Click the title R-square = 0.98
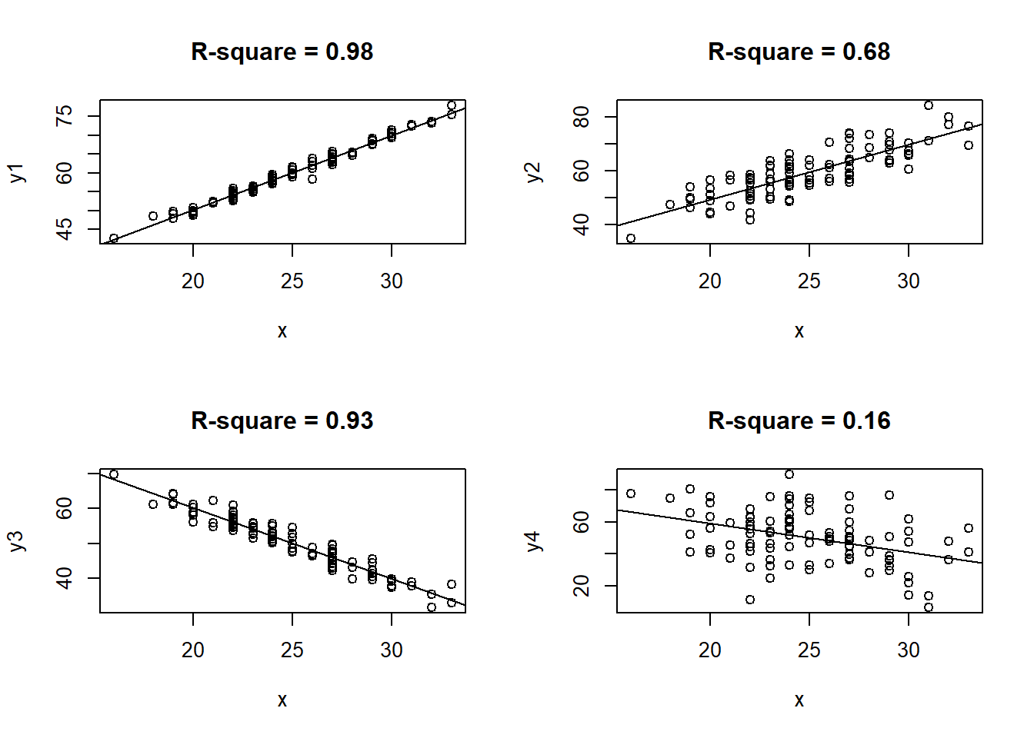[x=282, y=52]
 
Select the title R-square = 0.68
[x=799, y=52]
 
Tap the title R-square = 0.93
[x=282, y=421]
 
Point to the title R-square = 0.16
[x=799, y=421]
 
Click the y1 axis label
[x=17, y=172]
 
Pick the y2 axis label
[x=534, y=172]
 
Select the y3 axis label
[x=17, y=541]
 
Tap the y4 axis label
[x=534, y=541]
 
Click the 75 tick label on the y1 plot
[x=65, y=116]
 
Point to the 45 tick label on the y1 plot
[x=65, y=229]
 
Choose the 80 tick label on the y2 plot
[x=582, y=117]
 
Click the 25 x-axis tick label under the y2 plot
[x=809, y=281]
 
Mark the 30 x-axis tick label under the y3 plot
[x=392, y=650]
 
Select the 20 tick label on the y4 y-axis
[x=582, y=586]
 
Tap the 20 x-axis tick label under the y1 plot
[x=193, y=281]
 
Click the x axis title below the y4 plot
[x=799, y=700]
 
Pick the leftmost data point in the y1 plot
[x=114, y=238]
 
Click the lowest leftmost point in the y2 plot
[x=631, y=238]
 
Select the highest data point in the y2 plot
[x=929, y=105]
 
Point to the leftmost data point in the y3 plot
[x=114, y=474]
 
